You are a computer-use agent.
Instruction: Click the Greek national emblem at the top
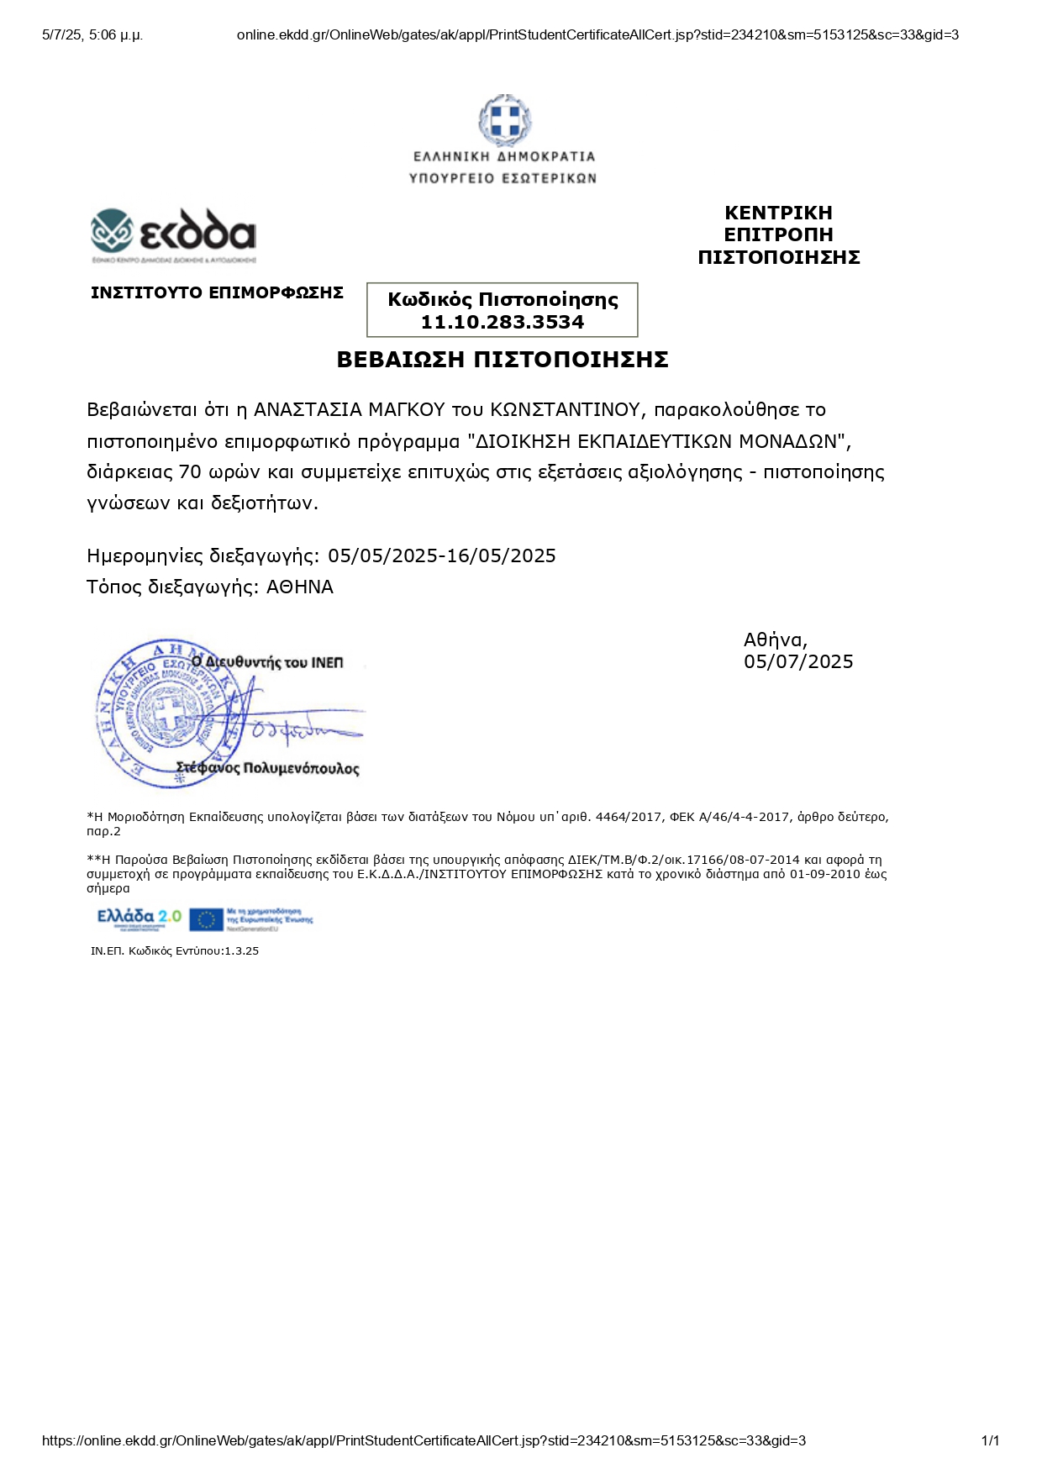[504, 119]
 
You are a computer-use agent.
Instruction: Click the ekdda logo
[173, 232]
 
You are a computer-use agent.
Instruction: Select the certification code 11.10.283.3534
[503, 322]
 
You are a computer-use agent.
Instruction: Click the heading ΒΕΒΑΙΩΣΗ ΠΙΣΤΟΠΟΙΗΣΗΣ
[503, 360]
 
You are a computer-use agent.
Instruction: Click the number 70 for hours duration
[190, 472]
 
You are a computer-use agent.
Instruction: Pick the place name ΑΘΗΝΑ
[300, 587]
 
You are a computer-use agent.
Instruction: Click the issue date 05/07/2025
[798, 662]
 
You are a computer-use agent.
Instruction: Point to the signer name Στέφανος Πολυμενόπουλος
[267, 768]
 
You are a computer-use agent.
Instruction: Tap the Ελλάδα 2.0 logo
[139, 918]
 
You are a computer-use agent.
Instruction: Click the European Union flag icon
[206, 919]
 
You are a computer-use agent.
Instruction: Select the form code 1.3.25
[241, 951]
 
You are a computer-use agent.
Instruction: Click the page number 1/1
[990, 1440]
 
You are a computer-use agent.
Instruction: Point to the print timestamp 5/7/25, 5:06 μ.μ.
[92, 35]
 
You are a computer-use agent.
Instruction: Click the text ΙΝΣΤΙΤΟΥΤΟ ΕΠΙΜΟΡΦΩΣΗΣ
[217, 292]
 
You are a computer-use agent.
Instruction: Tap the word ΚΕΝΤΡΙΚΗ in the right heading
[778, 213]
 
